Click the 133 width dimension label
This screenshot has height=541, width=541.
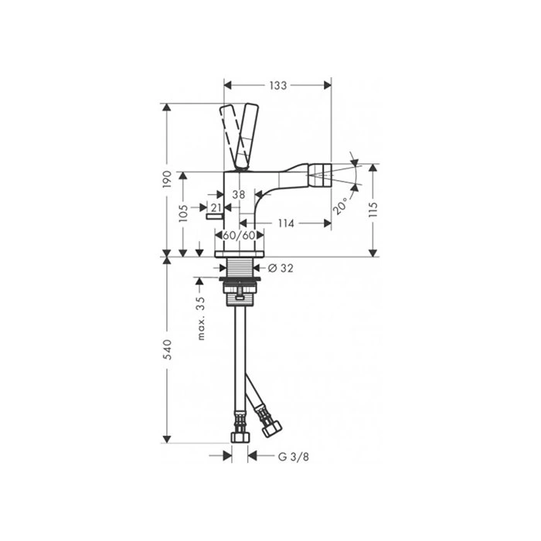tap(278, 85)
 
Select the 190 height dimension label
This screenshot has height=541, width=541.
tap(167, 179)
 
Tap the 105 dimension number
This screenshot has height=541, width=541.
tap(184, 213)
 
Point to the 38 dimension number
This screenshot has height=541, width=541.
tap(238, 195)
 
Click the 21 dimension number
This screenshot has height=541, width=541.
tap(216, 208)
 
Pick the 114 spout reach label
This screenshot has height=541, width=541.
tap(286, 223)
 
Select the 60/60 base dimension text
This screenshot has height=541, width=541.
tap(239, 236)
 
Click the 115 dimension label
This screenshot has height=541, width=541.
tap(373, 209)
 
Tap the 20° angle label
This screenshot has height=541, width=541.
tap(341, 206)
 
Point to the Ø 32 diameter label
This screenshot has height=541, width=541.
tap(281, 267)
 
